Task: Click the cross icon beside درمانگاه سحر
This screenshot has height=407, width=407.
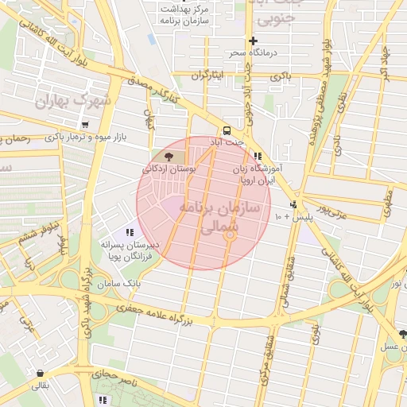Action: pos(253,41)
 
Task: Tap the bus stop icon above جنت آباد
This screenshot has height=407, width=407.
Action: pos(227,129)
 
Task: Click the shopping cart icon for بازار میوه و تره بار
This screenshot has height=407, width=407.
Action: pos(84,125)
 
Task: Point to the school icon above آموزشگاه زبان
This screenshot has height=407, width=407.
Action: pos(257,157)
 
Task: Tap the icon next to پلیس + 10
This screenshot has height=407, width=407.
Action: pos(294,204)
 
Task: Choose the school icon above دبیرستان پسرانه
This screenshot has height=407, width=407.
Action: pos(129,232)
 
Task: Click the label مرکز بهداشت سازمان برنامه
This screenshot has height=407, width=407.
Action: pos(184,17)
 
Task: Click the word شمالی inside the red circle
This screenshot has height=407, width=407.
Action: pos(214,227)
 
